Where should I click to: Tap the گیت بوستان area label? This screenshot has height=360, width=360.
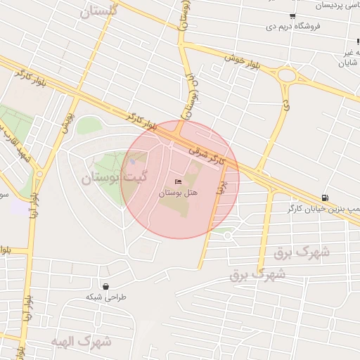[106, 177]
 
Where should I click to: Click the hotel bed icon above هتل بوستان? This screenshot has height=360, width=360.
[176, 182]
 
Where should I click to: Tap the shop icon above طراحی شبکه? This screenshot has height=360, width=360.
[105, 286]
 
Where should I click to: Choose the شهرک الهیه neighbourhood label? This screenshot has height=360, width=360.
[82, 342]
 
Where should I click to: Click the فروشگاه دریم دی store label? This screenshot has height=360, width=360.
[294, 27]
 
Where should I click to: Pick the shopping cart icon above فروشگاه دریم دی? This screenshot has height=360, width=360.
[292, 16]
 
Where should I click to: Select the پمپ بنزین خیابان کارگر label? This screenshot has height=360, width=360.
[323, 209]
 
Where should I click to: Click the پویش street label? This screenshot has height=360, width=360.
[67, 120]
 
